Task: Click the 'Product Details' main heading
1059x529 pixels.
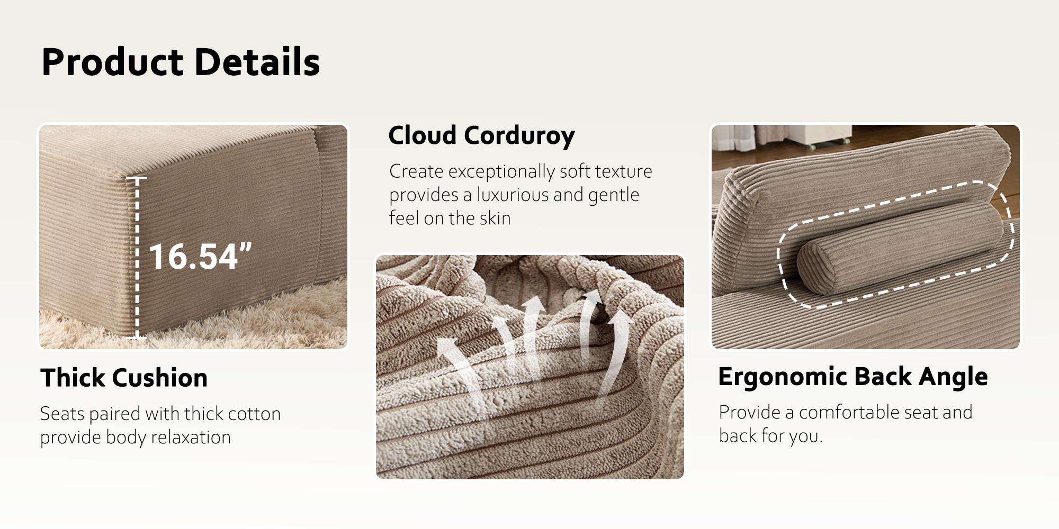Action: point(181,62)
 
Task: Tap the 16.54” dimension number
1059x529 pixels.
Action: point(200,257)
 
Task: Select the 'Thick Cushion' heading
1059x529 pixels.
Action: point(124,378)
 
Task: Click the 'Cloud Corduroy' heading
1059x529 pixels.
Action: point(481,136)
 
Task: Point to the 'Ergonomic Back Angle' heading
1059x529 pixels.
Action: point(852,377)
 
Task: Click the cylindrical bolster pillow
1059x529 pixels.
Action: point(900,248)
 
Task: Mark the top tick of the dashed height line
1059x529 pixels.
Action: point(137,178)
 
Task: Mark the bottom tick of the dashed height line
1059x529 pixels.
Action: point(137,337)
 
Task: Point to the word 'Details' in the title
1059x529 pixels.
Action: point(257,62)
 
